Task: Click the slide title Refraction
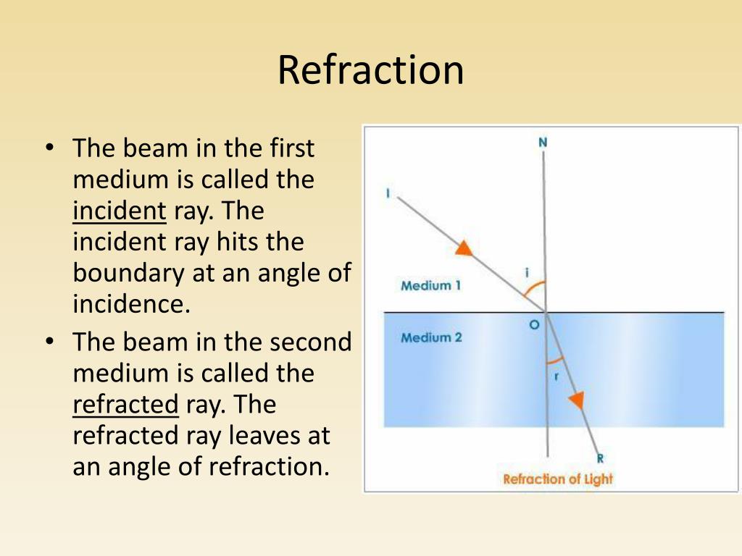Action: (x=370, y=70)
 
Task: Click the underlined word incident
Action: (x=120, y=211)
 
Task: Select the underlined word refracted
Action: (x=125, y=405)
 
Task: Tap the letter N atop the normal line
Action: (x=543, y=143)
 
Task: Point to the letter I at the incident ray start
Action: (x=389, y=193)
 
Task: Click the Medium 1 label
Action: (x=430, y=286)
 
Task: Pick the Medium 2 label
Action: (x=431, y=337)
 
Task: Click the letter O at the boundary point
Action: (x=534, y=326)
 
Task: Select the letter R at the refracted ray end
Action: (x=600, y=458)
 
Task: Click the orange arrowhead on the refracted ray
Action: (x=577, y=400)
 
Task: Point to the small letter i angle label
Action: (x=527, y=272)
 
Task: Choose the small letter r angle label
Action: (x=556, y=376)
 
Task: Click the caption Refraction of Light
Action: (x=558, y=479)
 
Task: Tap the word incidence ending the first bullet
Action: (x=131, y=303)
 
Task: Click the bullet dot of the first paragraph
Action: (x=49, y=148)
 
